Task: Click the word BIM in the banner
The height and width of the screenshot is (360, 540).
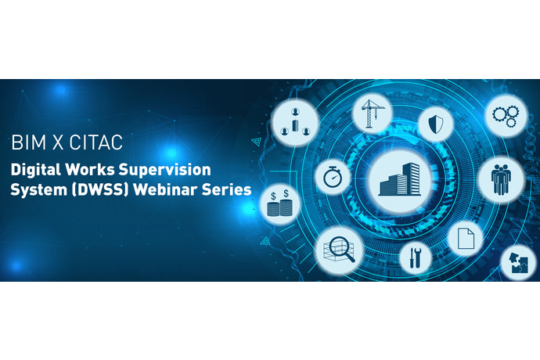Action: click(x=31, y=144)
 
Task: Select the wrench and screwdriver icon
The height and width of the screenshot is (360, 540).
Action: click(x=415, y=255)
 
